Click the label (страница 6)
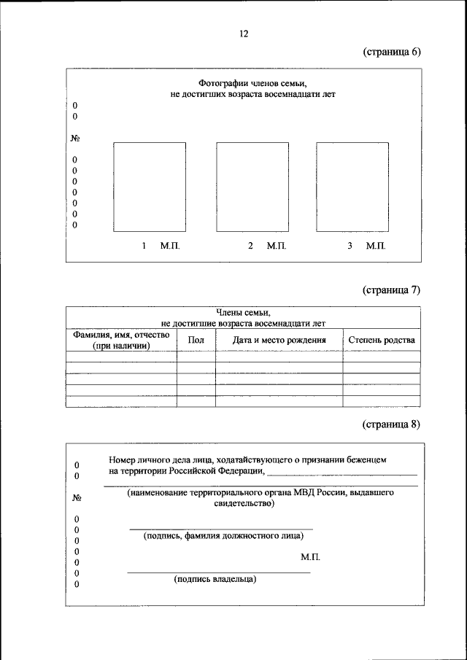(x=391, y=52)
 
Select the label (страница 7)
(x=391, y=290)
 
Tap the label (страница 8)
(x=391, y=425)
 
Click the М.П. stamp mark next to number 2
(x=277, y=246)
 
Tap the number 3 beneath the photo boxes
(x=350, y=246)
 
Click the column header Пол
(x=196, y=340)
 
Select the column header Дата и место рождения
(x=279, y=340)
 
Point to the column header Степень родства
(x=382, y=340)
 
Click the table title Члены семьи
(x=243, y=312)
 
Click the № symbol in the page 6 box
(x=75, y=138)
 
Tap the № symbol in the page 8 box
(x=77, y=498)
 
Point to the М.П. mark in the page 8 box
(x=310, y=557)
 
